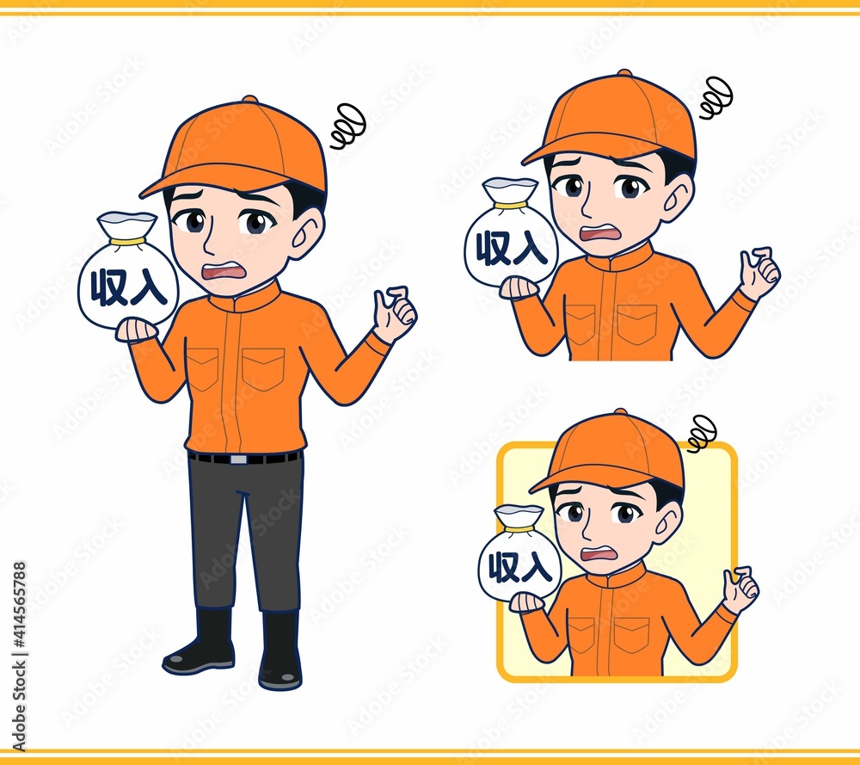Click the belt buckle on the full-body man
(x=238, y=459)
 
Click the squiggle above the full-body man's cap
(x=348, y=126)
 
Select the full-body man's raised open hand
(x=396, y=313)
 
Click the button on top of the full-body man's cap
(x=249, y=99)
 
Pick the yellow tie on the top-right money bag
(x=510, y=206)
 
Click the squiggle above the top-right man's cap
(x=716, y=97)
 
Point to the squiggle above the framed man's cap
(x=702, y=433)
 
